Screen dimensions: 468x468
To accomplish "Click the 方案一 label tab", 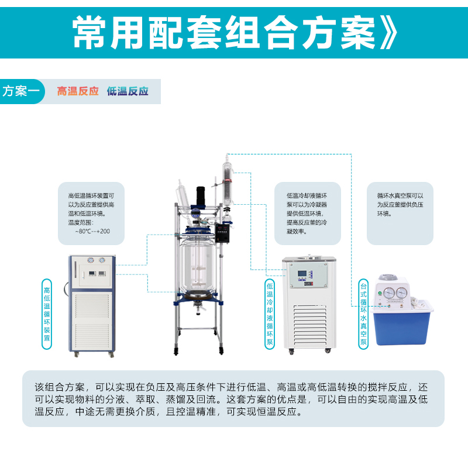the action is (22, 91).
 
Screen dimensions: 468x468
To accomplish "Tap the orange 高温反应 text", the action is (78, 91).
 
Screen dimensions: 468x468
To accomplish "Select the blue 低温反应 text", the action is (128, 91).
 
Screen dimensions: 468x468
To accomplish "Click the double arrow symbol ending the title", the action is (388, 33).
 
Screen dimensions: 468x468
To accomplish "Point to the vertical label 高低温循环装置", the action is (47, 314).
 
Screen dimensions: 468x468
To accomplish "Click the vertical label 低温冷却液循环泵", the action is (270, 314).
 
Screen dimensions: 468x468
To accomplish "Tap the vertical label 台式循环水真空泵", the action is (363, 314).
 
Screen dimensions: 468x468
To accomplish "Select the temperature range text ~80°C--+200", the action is (92, 231).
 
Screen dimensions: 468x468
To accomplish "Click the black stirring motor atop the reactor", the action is (201, 196).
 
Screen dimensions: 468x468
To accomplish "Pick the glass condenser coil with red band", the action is (228, 182).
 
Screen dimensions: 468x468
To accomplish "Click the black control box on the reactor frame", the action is (223, 233).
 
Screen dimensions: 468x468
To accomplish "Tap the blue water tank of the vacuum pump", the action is (401, 324).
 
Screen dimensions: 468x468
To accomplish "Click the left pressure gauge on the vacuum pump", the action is (389, 292).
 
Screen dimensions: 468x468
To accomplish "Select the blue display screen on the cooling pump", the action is (302, 273).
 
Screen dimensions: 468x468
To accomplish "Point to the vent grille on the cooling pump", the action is (310, 326).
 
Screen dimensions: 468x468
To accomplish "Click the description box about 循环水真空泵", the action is (400, 214).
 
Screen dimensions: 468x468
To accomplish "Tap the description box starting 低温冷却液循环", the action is (308, 214).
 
